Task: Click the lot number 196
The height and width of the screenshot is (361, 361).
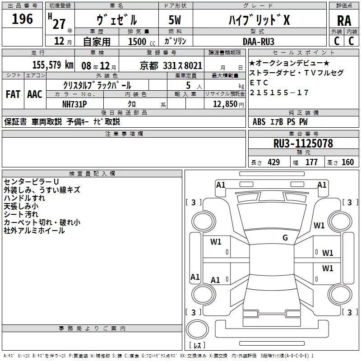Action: click(23, 19)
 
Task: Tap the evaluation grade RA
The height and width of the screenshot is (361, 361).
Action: click(344, 21)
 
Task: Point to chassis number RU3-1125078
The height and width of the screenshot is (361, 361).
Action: click(303, 144)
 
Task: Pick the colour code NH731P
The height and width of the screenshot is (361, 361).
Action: click(74, 103)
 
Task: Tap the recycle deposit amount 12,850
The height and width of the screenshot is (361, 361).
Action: click(224, 104)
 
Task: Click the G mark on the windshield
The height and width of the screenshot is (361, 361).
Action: click(285, 238)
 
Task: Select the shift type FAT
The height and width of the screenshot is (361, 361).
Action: click(13, 94)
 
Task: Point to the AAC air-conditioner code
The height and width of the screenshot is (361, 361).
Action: click(34, 94)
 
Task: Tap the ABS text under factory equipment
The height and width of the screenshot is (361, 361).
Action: click(259, 122)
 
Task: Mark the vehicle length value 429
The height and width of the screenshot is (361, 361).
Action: click(273, 162)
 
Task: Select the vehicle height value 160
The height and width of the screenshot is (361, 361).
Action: click(347, 162)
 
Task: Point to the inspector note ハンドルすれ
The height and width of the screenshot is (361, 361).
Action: click(24, 198)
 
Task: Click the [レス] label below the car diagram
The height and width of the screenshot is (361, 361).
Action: click(197, 346)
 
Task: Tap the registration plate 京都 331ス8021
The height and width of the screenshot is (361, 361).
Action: click(171, 65)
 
